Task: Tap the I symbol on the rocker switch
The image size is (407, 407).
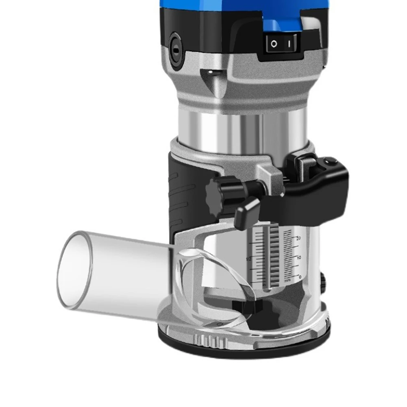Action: point(289,43)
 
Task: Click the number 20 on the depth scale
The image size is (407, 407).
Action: point(298,238)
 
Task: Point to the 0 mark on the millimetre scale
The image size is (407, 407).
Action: point(300,276)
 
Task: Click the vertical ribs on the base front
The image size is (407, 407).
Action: point(207,338)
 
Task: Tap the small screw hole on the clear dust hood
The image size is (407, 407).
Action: point(220,324)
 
